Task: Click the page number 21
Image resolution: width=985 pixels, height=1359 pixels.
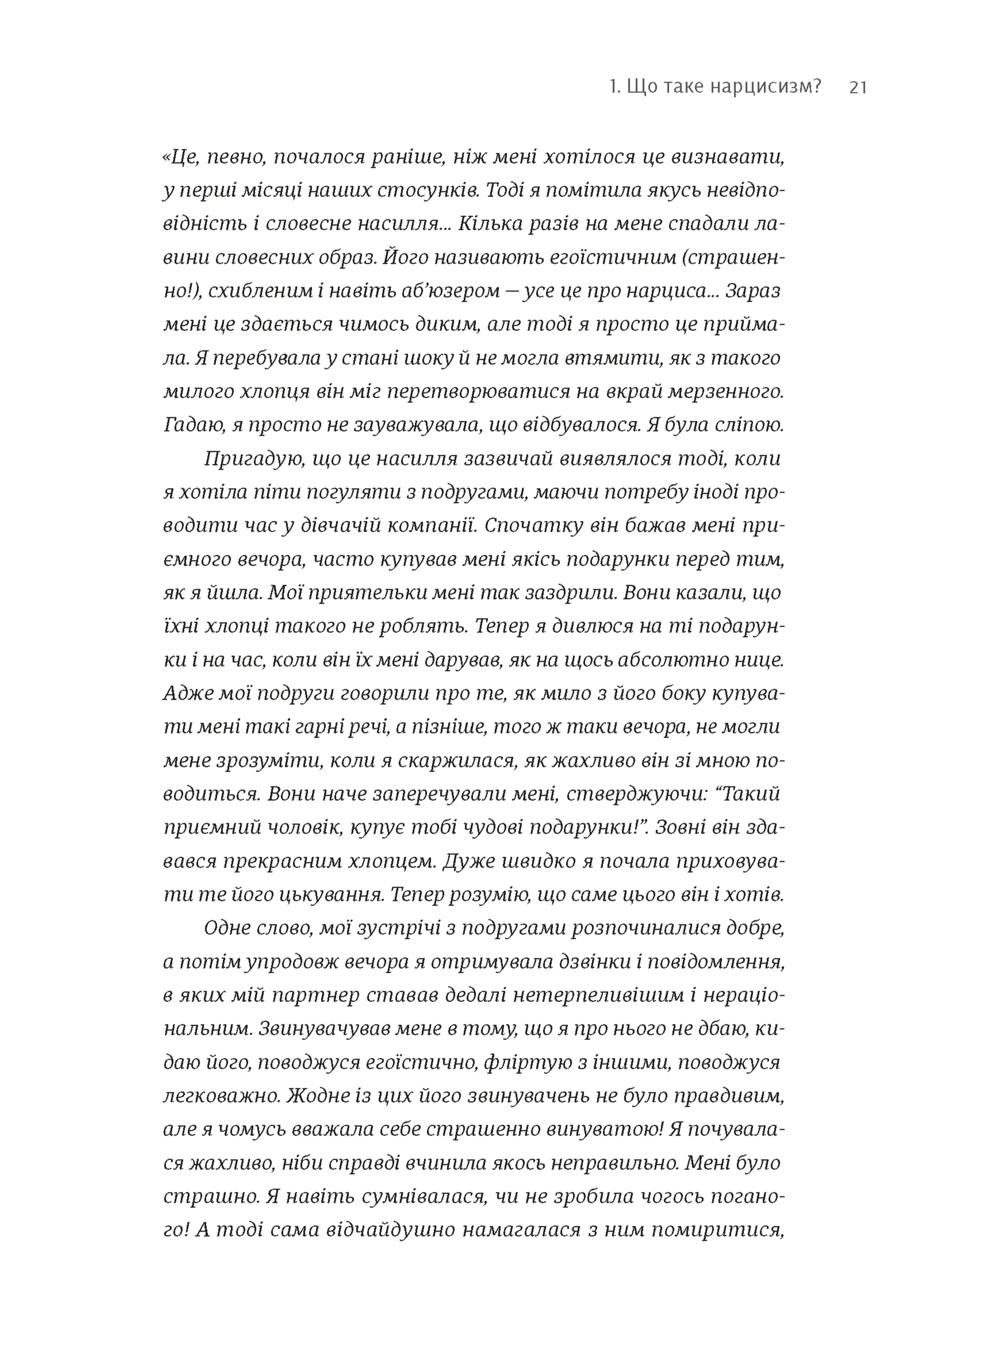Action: [858, 88]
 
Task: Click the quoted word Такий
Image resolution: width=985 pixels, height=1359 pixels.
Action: [750, 795]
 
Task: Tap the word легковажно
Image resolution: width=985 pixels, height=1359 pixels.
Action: [218, 1096]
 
